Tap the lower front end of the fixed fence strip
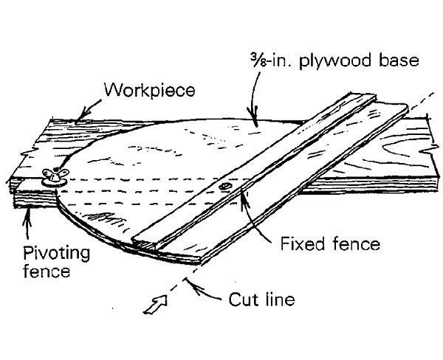coord(142,240)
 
